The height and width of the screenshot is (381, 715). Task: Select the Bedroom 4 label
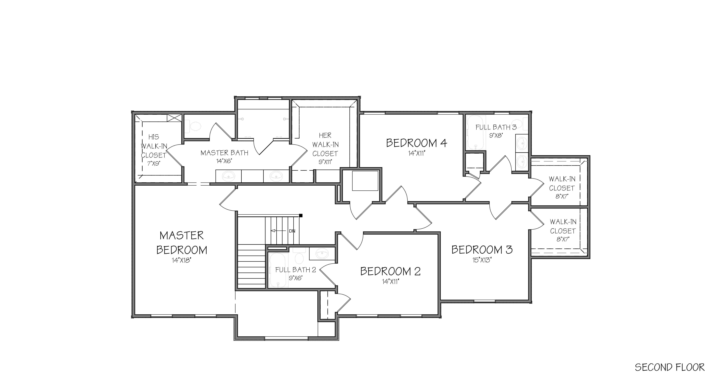[x=417, y=143]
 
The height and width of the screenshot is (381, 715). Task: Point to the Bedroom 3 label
[x=482, y=250]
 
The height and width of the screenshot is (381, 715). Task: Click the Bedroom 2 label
[x=390, y=271]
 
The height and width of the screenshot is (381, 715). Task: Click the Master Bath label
[x=224, y=153]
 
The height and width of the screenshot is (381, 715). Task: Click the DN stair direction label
[x=292, y=231]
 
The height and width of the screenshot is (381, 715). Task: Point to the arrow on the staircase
[x=278, y=231]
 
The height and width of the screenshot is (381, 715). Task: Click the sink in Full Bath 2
[x=322, y=253]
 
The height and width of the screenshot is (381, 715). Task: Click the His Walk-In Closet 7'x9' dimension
[x=153, y=163]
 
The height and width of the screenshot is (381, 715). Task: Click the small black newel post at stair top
[x=301, y=215]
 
